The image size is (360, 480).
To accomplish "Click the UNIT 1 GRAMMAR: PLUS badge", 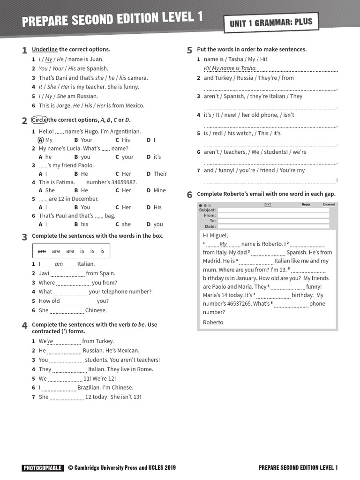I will pos(271,22).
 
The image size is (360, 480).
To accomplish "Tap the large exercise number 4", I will pos(24,326).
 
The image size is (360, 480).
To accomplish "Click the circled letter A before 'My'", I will pos(41,140).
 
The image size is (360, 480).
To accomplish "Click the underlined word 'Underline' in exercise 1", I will pos(45,49).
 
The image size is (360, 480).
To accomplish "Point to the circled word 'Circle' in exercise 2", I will pos(39,120).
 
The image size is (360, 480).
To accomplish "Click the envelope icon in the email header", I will pos(268,205).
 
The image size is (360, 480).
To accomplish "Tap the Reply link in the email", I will pos(306,204).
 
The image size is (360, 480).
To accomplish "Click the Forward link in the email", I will pos(329,204).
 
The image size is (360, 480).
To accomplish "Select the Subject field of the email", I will pos(273,210).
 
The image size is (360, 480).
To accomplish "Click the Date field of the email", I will pos(273,226).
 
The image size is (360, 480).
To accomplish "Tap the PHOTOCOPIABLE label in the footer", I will pos(42,467).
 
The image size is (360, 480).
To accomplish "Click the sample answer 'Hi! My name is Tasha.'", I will pos(230,68).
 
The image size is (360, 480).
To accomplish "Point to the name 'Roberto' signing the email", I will pos(213,322).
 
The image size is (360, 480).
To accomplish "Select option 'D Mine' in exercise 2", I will pos(157,191).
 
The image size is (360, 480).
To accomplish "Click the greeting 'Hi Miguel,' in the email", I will pos(215,235).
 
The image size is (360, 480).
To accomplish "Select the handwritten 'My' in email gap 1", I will pos(223,244).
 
